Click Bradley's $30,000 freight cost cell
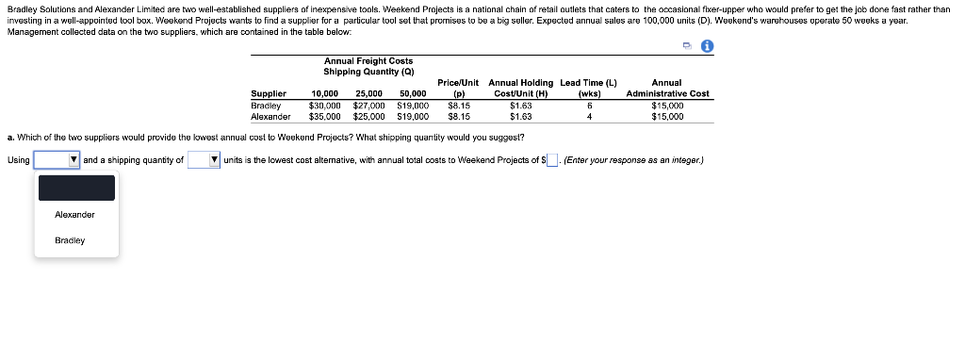click(324, 106)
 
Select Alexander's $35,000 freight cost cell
click(324, 118)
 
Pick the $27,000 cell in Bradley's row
click(368, 106)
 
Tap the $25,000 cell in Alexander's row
click(368, 118)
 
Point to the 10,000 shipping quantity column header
click(324, 94)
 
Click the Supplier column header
click(269, 94)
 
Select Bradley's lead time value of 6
click(588, 106)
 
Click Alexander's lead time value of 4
click(588, 118)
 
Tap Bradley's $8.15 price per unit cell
click(460, 106)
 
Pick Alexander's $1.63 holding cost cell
click(520, 118)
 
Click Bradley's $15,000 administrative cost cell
click(667, 106)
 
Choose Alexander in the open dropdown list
click(75, 215)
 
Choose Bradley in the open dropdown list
click(71, 240)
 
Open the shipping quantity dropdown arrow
click(215, 160)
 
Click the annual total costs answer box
click(553, 160)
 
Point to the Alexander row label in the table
click(270, 118)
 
